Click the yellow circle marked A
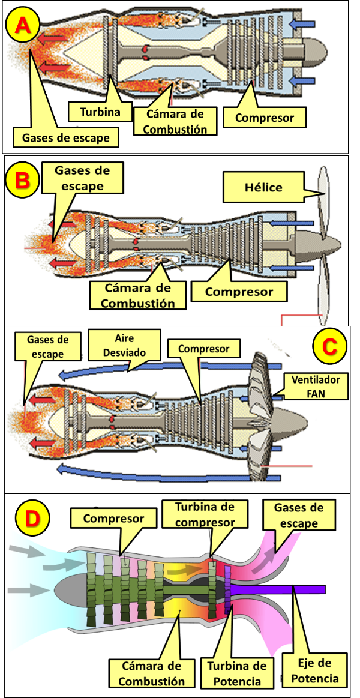pos(22,25)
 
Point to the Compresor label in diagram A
pos(265,118)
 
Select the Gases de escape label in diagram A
pos(66,137)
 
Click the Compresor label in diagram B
pos(239,292)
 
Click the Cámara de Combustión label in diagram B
pos(137,296)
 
